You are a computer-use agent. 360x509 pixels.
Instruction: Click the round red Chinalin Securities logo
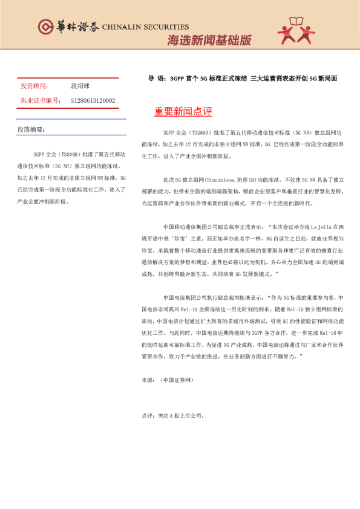46,27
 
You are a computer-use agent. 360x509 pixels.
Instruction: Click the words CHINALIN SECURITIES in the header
145,27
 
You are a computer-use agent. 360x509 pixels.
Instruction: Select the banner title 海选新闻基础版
209,41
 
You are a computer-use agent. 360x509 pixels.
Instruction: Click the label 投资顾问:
34,87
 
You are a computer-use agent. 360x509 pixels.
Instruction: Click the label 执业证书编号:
41,100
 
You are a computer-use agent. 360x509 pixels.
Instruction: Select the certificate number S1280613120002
93,100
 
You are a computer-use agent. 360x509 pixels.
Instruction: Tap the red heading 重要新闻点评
183,112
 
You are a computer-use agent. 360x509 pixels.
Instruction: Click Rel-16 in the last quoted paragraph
327,333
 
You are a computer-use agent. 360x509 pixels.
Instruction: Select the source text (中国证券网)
176,380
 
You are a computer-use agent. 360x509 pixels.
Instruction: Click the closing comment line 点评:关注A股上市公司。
172,415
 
